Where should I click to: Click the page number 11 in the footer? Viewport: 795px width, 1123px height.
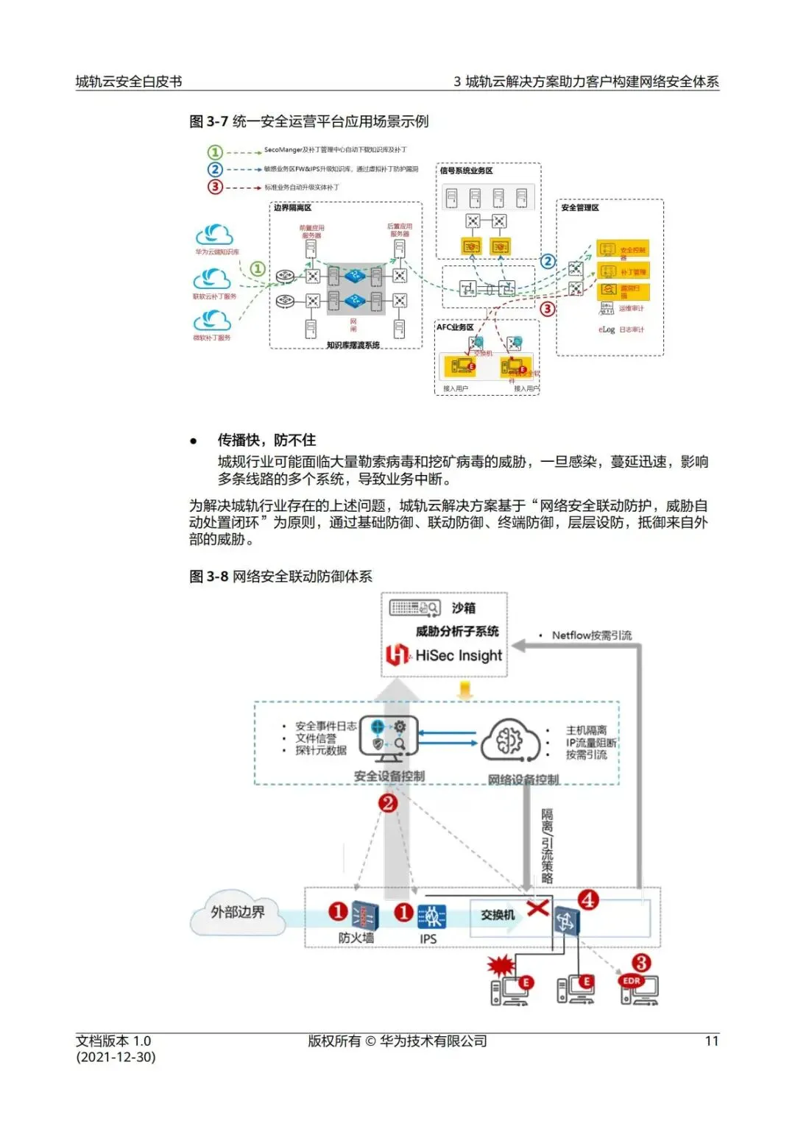(x=711, y=1041)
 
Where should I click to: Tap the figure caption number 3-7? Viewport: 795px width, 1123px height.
(x=217, y=121)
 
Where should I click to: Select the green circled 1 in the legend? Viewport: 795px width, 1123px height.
(x=215, y=152)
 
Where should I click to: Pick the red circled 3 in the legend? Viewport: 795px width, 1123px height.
(x=215, y=187)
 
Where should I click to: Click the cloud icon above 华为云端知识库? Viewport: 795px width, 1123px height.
(x=214, y=235)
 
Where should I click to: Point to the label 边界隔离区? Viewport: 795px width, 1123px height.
(x=293, y=208)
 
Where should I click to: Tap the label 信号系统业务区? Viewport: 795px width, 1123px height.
(x=466, y=171)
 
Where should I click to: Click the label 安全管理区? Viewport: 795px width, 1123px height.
(x=580, y=208)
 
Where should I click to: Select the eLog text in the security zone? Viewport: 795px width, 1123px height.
(x=607, y=329)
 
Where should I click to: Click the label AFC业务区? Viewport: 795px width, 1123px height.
(x=455, y=327)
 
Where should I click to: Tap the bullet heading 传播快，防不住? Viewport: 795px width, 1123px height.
(x=266, y=440)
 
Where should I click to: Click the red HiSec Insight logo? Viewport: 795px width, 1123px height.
(x=397, y=655)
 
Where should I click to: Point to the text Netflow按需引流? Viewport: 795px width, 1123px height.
(x=591, y=635)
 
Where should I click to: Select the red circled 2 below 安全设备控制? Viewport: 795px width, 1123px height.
(x=388, y=803)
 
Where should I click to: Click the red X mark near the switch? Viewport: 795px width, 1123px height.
(x=538, y=908)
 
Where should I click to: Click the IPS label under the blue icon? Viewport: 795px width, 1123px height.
(x=428, y=939)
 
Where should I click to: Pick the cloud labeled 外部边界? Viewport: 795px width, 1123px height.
(x=238, y=913)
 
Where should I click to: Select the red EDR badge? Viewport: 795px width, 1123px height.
(x=632, y=981)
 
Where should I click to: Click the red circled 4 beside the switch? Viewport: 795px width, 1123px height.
(x=588, y=899)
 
